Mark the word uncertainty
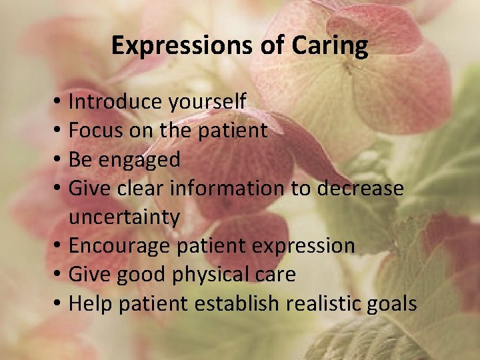(124, 217)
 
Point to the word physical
(220, 275)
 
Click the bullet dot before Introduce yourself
(59, 103)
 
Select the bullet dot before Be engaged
(59, 160)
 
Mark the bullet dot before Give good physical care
(59, 275)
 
